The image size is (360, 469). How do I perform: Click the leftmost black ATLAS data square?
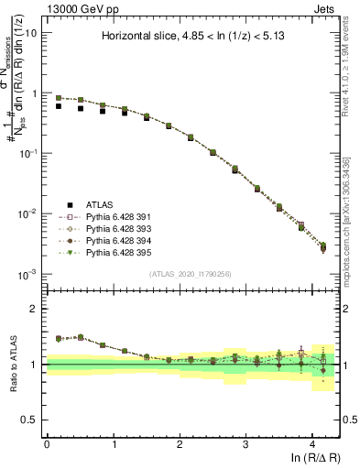[x=59, y=106]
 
